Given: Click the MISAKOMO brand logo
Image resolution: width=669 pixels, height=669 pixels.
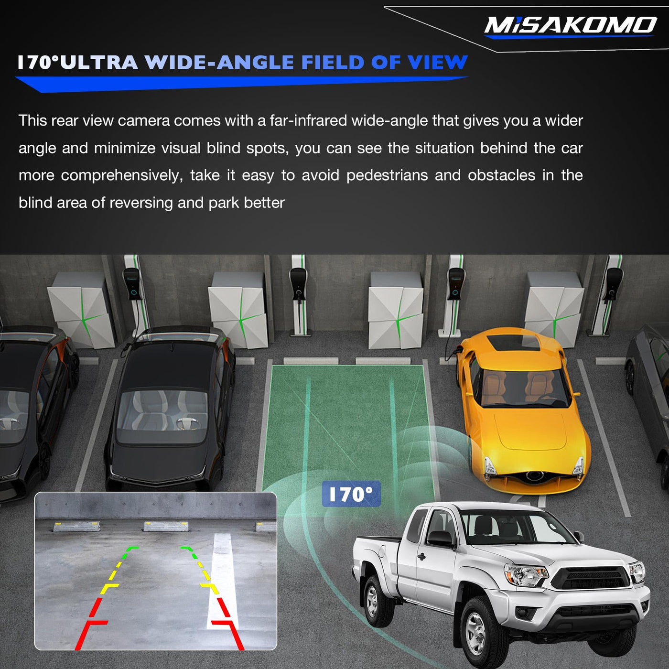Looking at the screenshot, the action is tap(570, 26).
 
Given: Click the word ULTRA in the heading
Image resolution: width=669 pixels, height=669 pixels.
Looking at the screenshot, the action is tap(98, 63).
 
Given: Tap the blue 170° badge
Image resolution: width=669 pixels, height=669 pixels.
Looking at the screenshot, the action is tap(351, 494).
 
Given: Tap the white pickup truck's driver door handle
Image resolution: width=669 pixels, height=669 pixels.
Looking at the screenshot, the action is tap(421, 557).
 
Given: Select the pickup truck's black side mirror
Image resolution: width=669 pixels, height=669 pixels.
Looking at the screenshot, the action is tap(440, 538).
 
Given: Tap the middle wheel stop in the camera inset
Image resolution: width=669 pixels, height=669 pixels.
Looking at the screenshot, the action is tap(166, 526).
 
